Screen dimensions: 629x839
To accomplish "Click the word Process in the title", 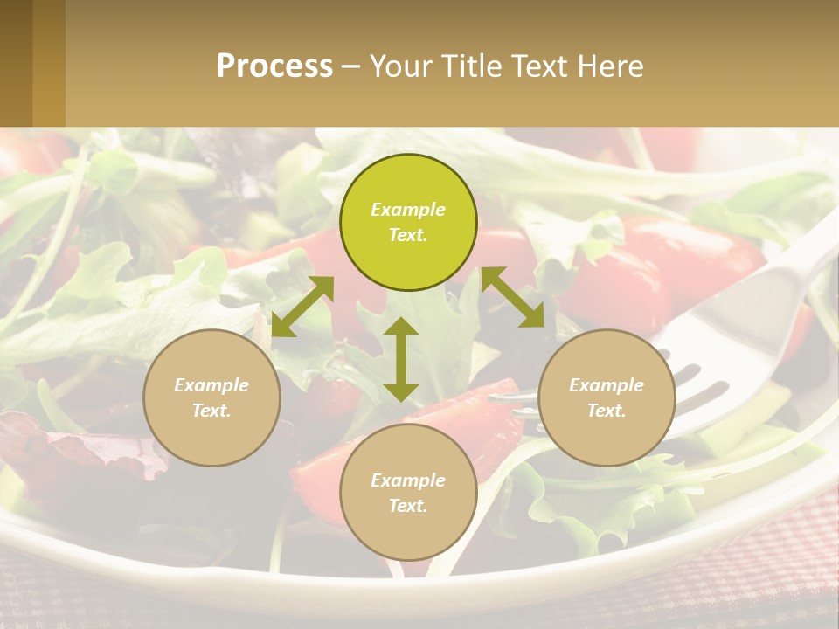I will pyautogui.click(x=274, y=66).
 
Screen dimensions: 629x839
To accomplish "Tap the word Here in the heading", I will pyautogui.click(x=609, y=66).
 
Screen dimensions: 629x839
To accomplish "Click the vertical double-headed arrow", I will pyautogui.click(x=401, y=359).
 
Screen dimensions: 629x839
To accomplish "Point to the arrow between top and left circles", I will pyautogui.click(x=302, y=307).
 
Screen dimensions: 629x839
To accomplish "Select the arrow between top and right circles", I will pyautogui.click(x=513, y=298).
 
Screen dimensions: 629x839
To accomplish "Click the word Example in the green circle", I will pyautogui.click(x=408, y=210).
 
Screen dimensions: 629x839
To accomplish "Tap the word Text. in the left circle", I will pyautogui.click(x=211, y=411).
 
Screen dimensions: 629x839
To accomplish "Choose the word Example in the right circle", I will pyautogui.click(x=607, y=385).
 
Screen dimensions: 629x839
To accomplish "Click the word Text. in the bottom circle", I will pyautogui.click(x=408, y=506).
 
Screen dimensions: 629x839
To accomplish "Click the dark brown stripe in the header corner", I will pyautogui.click(x=16, y=63).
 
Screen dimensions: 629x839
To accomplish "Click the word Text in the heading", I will pyautogui.click(x=537, y=66).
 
